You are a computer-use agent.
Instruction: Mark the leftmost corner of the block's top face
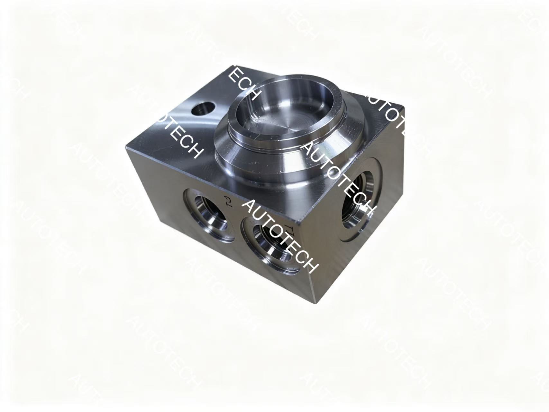(126, 147)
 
